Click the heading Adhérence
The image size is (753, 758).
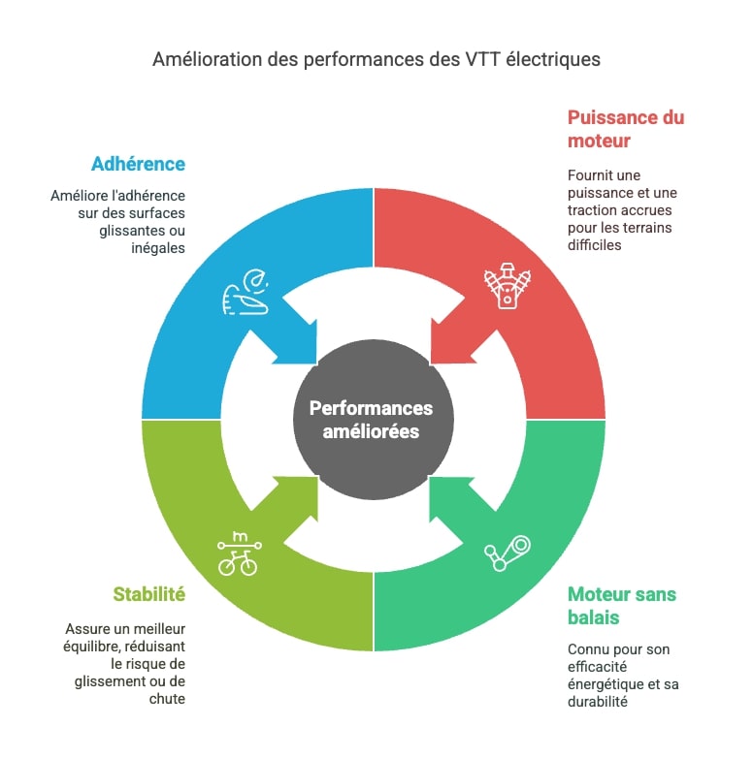(138, 164)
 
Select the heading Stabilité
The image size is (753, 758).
(149, 594)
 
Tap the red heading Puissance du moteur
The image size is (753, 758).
(626, 129)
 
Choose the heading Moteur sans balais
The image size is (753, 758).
(622, 606)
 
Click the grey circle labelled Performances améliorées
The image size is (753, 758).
(374, 419)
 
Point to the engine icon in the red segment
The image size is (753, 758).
(507, 286)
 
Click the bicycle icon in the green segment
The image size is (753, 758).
(239, 554)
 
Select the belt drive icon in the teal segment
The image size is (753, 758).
(507, 553)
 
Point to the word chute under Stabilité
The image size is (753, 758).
(167, 699)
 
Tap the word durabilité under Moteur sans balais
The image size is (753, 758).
(597, 702)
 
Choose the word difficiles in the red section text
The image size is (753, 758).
(594, 245)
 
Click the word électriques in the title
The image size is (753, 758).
(553, 59)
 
